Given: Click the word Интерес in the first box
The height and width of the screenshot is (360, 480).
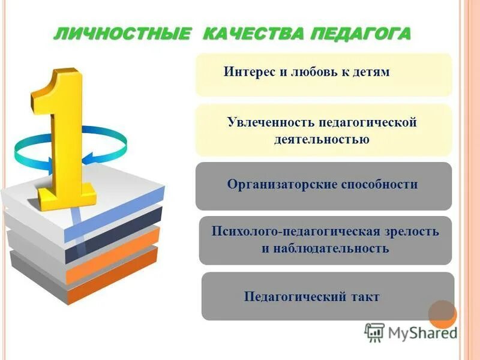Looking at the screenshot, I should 248,72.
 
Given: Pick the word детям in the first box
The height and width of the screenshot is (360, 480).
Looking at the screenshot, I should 371,72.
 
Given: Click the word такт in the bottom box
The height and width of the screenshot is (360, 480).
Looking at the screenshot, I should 364,296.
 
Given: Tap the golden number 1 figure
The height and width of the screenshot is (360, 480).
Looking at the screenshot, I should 63,138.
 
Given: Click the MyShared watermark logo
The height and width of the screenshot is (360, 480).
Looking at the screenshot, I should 410,332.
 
